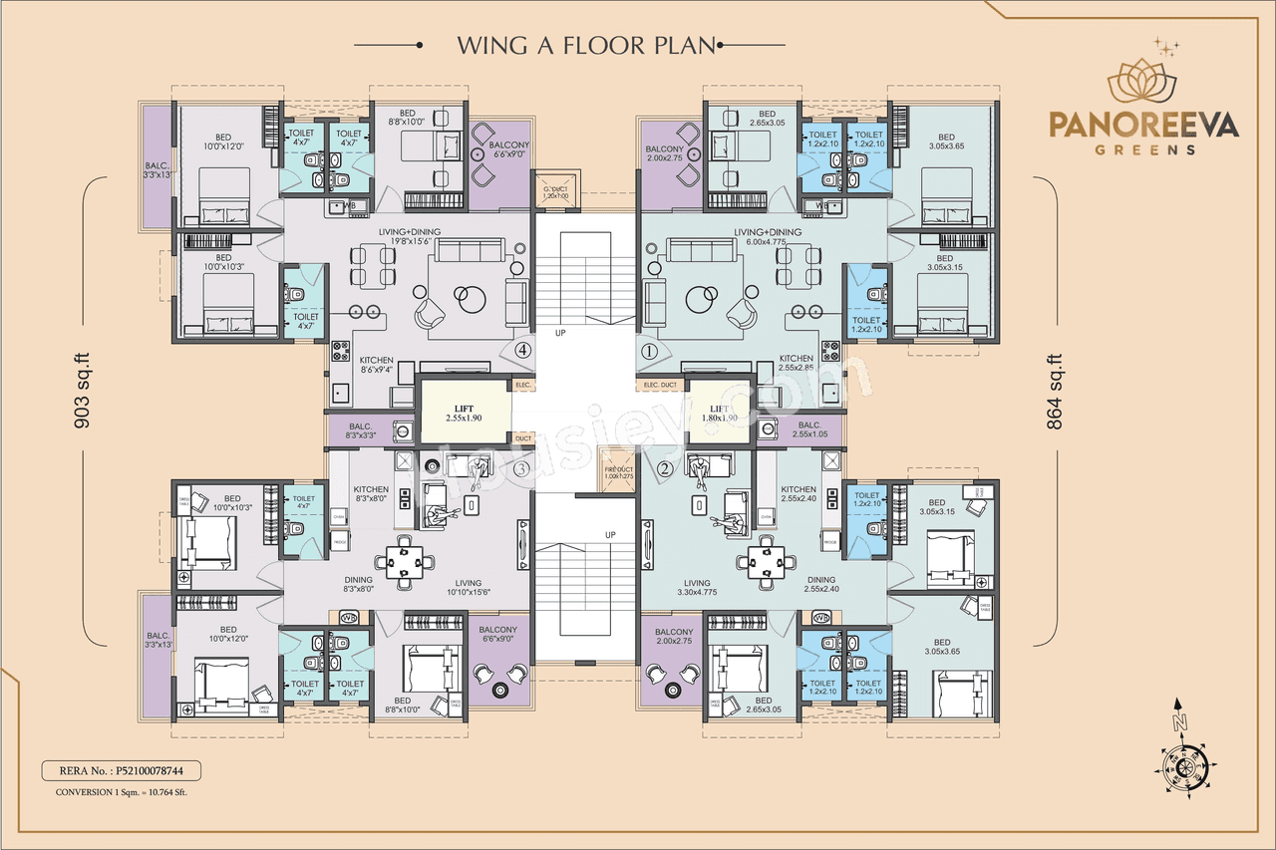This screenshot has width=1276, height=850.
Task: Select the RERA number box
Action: tap(121, 770)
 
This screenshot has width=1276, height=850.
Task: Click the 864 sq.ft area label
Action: tap(1054, 391)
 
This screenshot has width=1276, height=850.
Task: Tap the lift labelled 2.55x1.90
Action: tap(464, 412)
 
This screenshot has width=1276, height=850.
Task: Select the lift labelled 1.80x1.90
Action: tap(720, 413)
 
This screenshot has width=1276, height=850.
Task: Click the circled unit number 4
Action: tap(521, 350)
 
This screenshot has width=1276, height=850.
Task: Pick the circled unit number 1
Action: tap(647, 351)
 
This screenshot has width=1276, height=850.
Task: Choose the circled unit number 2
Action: tap(665, 468)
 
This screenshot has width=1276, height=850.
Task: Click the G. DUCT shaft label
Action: tap(554, 191)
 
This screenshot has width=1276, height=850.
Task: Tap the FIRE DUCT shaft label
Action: tap(618, 472)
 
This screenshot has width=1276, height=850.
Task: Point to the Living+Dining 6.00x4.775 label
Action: tap(767, 237)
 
